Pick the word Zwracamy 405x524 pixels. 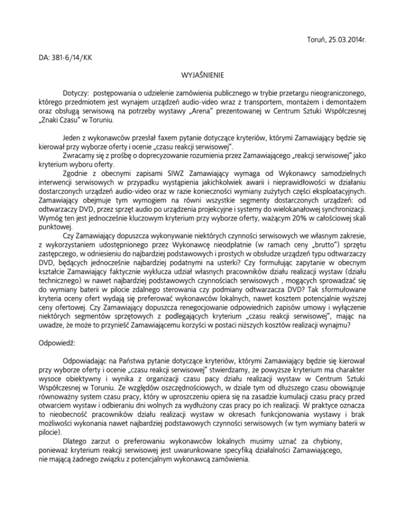point(80,157)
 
